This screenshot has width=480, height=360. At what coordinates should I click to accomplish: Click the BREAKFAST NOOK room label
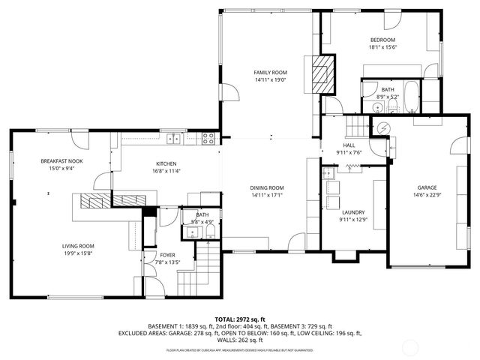click(61, 161)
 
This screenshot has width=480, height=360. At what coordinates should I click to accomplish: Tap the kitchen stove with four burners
click(208, 137)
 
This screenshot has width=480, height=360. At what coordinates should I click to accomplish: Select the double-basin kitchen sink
click(174, 137)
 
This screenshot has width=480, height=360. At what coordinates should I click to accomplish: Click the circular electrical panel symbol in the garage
click(383, 128)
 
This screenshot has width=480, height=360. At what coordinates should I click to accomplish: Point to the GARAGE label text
click(427, 187)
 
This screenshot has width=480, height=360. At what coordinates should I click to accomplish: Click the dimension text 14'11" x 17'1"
click(266, 195)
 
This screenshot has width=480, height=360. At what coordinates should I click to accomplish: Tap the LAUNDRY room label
click(352, 212)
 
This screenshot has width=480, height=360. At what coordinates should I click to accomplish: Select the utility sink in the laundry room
click(328, 173)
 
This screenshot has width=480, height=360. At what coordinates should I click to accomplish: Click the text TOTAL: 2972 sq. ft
click(239, 319)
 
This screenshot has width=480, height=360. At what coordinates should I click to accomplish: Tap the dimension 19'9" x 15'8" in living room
click(77, 253)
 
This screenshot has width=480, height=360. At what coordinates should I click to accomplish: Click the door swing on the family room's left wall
click(229, 94)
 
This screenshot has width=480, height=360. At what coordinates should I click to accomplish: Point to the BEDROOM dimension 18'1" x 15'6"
click(382, 47)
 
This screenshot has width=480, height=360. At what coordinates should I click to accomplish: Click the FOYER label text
click(167, 255)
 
